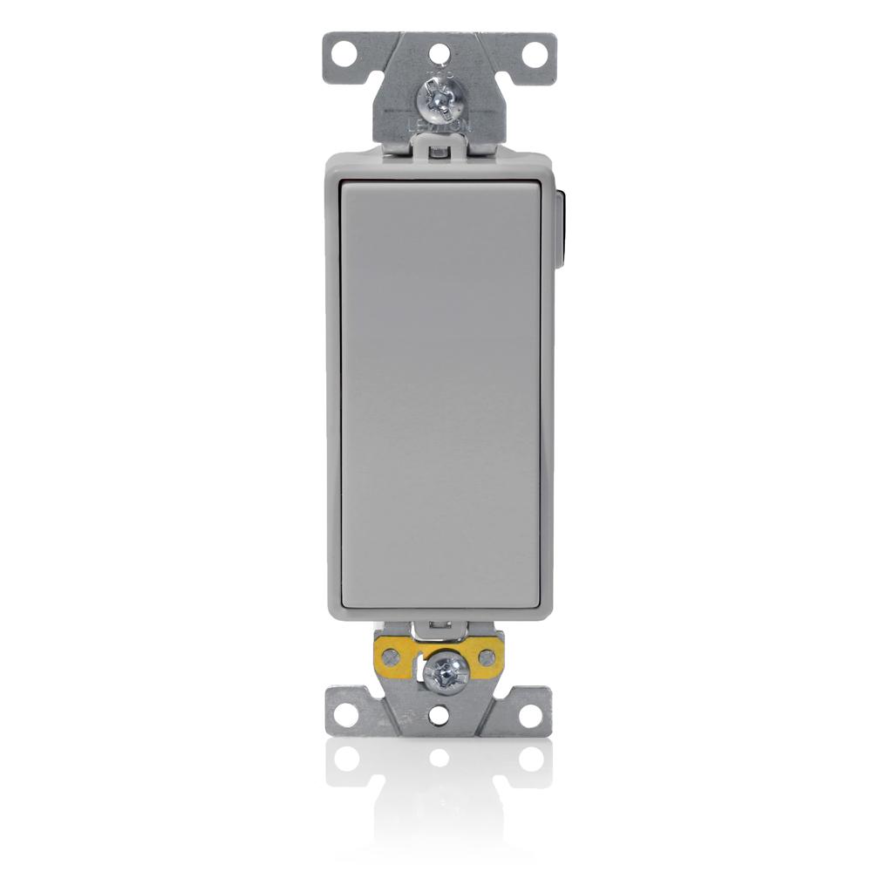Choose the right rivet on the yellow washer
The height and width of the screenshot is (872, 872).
[x=487, y=655]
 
